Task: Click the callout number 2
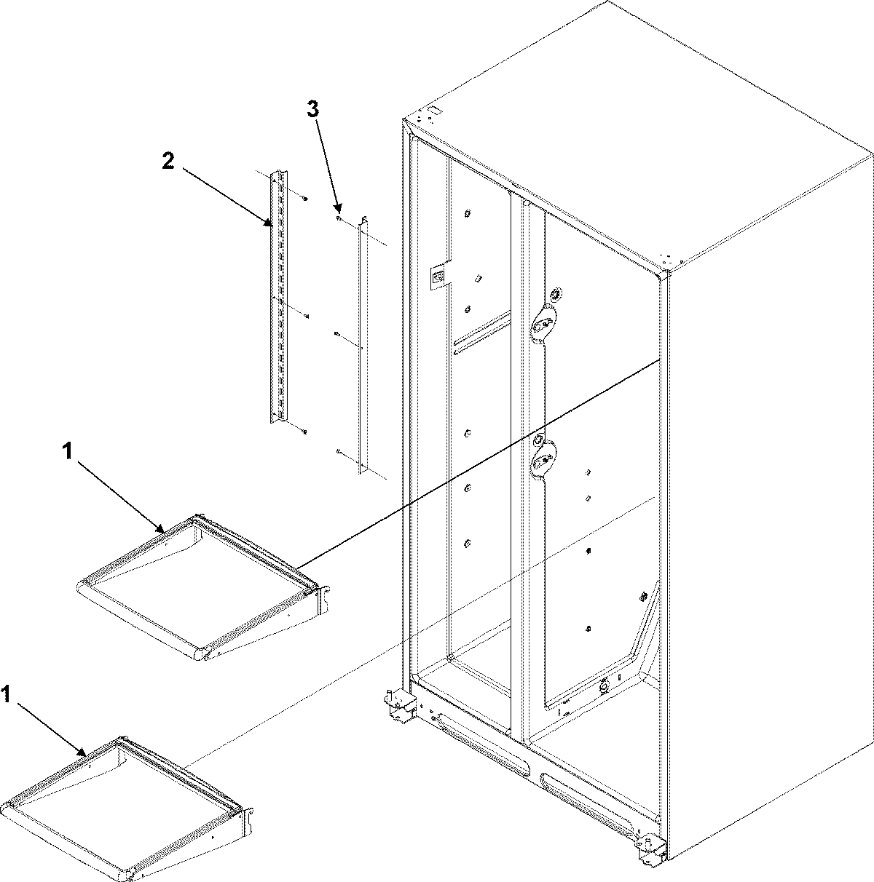(x=168, y=162)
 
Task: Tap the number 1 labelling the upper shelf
(x=67, y=453)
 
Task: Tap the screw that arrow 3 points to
(x=339, y=217)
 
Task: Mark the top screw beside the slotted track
(x=306, y=198)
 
